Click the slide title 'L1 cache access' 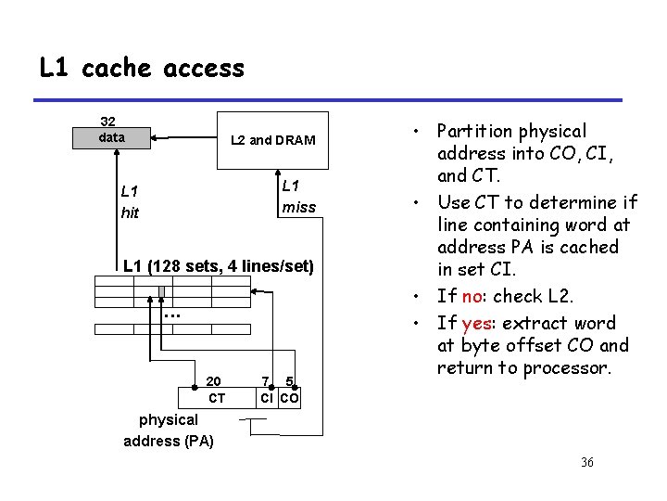tap(142, 68)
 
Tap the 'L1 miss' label tap(297, 196)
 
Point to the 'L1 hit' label tap(131, 201)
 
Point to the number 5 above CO tap(289, 381)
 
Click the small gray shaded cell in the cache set tap(161, 292)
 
